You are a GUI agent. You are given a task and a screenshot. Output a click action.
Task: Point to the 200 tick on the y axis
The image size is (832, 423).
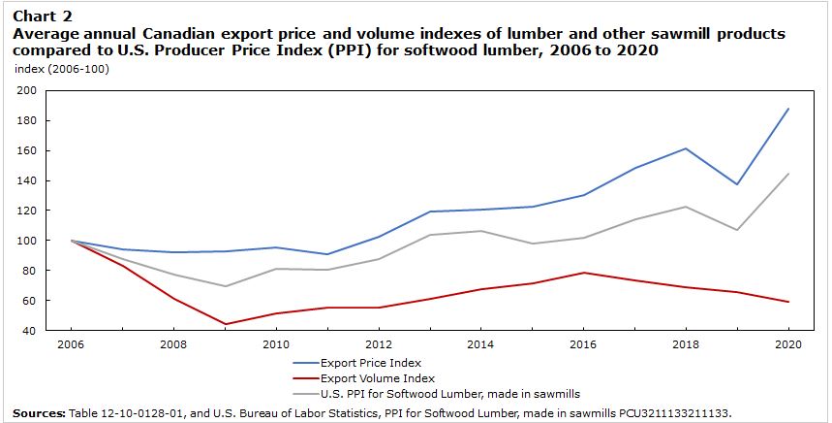26,90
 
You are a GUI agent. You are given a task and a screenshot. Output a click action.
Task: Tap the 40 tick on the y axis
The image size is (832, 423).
29,331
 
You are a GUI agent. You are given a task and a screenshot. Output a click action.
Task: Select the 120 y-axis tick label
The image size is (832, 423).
26,211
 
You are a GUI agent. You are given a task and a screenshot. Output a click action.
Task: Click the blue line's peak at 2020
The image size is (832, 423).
789,109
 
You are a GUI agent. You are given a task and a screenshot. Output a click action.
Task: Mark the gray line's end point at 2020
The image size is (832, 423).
789,174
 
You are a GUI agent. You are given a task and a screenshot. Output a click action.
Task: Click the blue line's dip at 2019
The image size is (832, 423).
736,184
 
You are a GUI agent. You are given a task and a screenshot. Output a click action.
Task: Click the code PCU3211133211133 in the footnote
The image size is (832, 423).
673,412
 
